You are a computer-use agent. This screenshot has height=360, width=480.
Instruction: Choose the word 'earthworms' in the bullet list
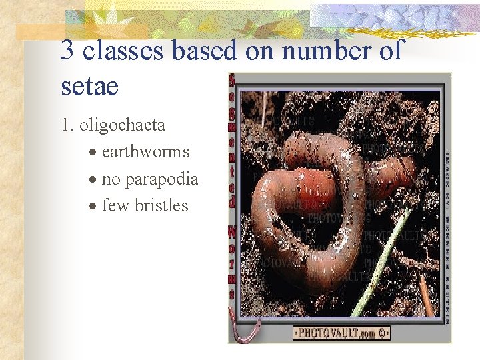[x=145, y=152]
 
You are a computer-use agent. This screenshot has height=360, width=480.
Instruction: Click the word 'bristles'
[x=161, y=205]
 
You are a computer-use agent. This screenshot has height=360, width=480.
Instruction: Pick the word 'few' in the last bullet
[x=115, y=205]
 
